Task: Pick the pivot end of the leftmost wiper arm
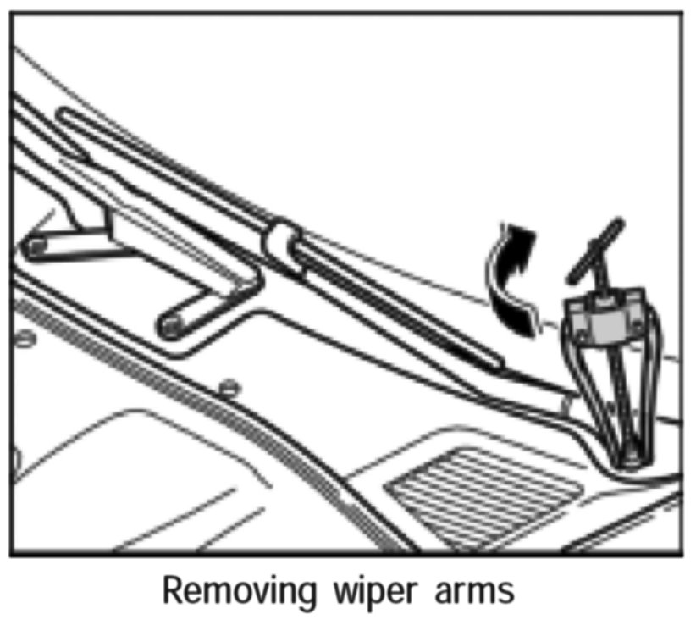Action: [35, 247]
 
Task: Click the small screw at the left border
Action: [23, 338]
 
